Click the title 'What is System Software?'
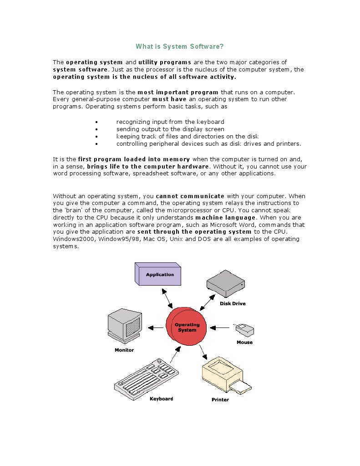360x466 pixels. click(x=180, y=46)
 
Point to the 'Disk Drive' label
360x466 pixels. click(x=233, y=303)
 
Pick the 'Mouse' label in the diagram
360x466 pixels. click(x=244, y=342)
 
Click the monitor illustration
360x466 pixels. click(x=124, y=325)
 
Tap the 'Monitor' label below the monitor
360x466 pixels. click(x=124, y=350)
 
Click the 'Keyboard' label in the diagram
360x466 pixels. click(x=162, y=399)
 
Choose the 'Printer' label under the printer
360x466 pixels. click(x=220, y=400)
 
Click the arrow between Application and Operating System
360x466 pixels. click(x=168, y=299)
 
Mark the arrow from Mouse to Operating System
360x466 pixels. click(x=222, y=327)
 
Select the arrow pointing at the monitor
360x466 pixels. click(x=156, y=327)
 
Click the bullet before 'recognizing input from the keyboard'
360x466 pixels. click(x=97, y=122)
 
